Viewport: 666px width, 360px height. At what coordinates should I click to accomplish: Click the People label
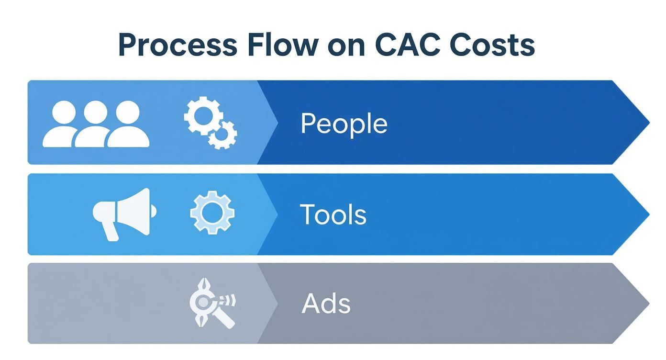tap(344, 124)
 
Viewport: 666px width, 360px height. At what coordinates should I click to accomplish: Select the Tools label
tap(333, 214)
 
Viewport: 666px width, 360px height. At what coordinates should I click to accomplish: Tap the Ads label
tap(326, 304)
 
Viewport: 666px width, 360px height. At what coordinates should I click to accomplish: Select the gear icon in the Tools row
tap(212, 213)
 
